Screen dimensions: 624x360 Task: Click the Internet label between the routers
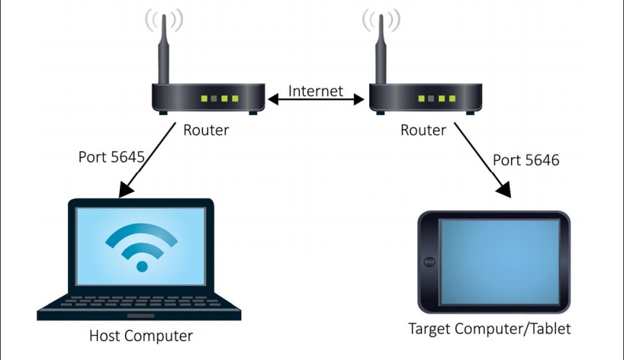(316, 91)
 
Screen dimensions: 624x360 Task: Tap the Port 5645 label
(111, 157)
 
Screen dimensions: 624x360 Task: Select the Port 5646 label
(526, 160)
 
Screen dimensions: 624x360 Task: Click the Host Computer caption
(141, 336)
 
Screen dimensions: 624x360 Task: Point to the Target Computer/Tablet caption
(490, 329)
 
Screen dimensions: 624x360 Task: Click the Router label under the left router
(206, 130)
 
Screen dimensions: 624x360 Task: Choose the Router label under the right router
(423, 130)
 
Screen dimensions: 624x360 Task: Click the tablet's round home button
(429, 262)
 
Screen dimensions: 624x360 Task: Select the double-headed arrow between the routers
(316, 99)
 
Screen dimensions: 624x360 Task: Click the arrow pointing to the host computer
(147, 160)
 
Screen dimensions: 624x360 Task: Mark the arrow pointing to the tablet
(483, 160)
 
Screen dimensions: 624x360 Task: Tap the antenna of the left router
(163, 50)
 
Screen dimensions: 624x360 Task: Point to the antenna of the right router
(381, 50)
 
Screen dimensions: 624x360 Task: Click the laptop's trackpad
(140, 316)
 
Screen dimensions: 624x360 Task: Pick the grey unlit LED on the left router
(214, 98)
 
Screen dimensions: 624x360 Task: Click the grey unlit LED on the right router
(432, 98)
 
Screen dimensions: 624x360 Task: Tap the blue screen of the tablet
(500, 262)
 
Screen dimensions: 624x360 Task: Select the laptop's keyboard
(140, 301)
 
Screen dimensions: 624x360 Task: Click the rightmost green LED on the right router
(452, 98)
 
